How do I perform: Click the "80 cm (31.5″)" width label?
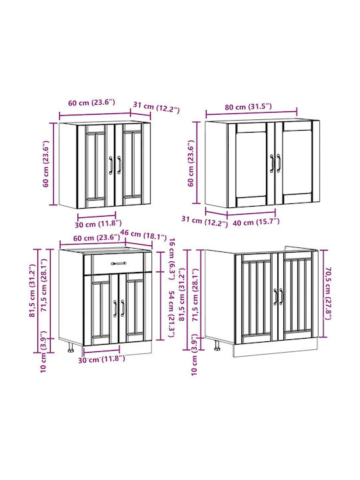pos(248,107)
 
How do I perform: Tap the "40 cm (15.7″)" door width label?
pos(256,222)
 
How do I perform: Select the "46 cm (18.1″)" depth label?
pos(143,235)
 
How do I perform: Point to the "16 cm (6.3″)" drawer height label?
pos(173,259)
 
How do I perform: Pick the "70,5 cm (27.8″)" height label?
pos(327,293)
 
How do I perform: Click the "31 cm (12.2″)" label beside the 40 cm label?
pos(205,221)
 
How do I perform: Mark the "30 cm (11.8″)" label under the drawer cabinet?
pos(101,359)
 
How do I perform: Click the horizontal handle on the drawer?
pos(119,263)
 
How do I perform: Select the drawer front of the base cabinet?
pos(118,263)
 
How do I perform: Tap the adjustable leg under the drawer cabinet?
pos(71,347)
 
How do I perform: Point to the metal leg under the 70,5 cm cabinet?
pos(217,345)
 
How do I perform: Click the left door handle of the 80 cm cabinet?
pos(272,163)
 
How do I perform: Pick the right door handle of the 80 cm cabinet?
pos(279,163)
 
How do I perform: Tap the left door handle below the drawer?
pos(115,308)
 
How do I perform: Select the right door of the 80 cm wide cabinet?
pos(297,162)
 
